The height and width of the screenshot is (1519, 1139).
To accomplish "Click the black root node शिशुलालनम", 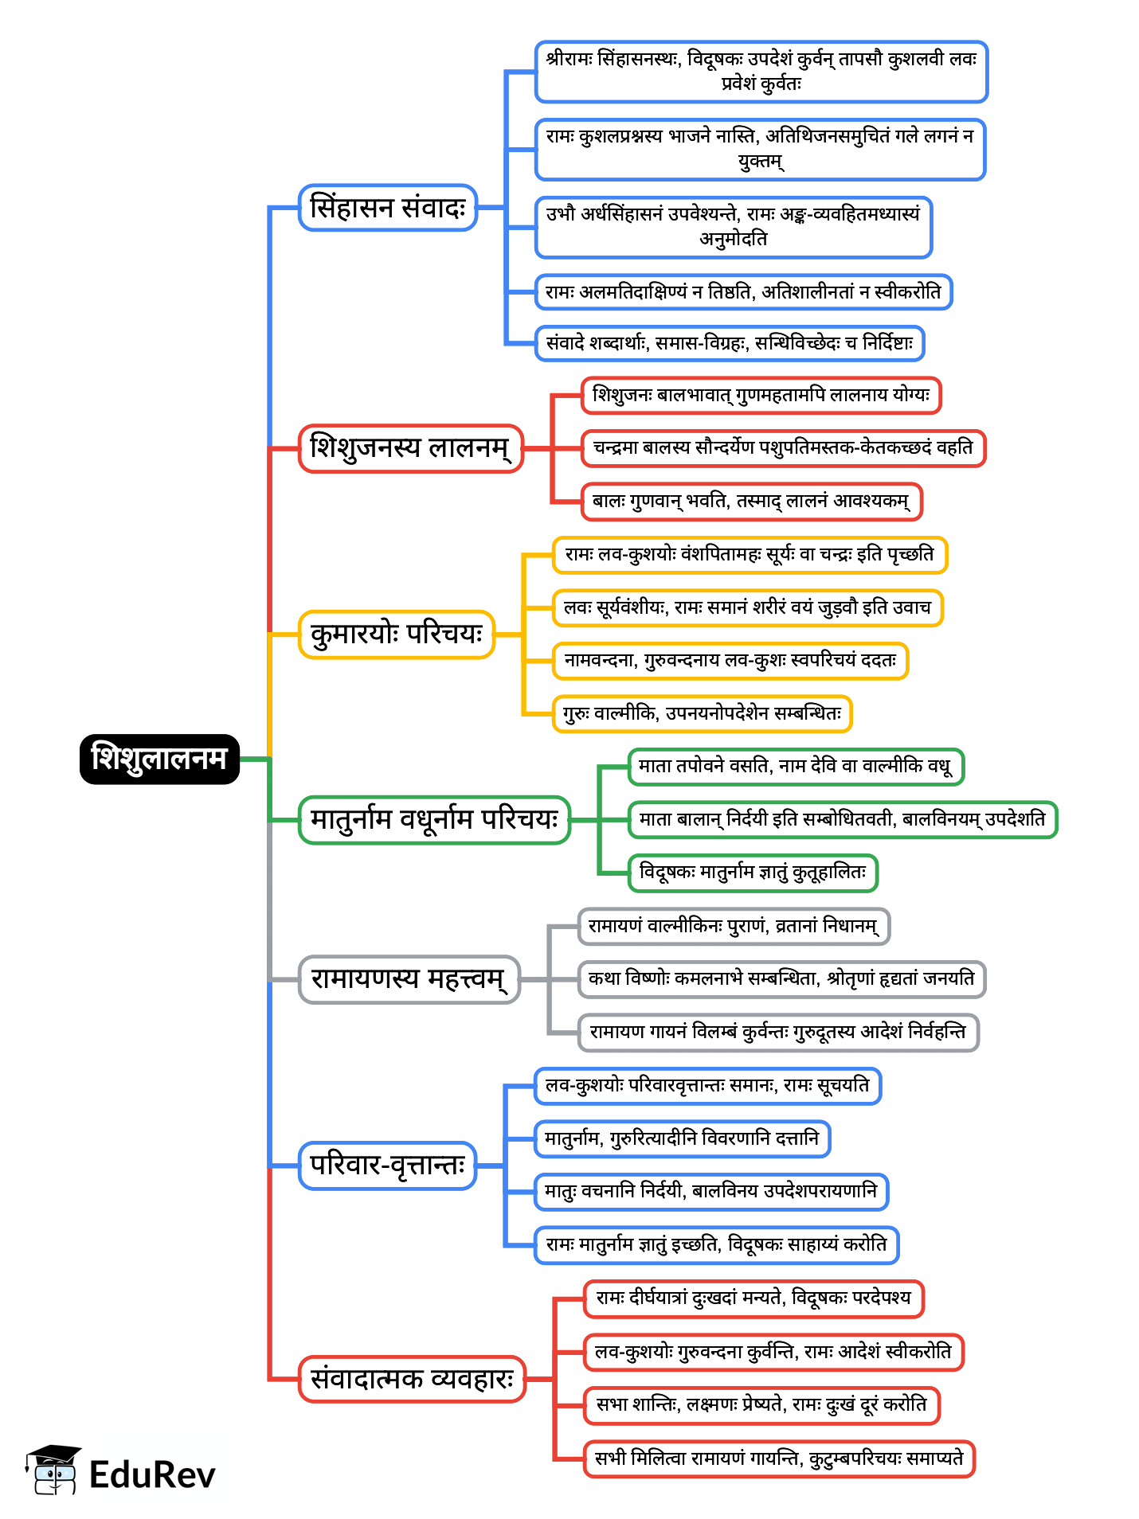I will [159, 759].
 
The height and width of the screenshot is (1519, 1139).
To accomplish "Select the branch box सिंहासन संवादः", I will [387, 208].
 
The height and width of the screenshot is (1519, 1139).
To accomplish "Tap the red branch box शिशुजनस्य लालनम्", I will [410, 448].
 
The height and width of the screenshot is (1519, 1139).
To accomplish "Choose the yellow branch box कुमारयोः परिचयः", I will [396, 635].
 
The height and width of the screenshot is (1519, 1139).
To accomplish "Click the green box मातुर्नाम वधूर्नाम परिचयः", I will [434, 819].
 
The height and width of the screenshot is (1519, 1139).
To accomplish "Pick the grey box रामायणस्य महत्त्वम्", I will [409, 978].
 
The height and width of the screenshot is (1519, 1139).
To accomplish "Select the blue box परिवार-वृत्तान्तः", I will [387, 1166].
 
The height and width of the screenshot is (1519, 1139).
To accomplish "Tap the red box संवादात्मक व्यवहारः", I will [412, 1379].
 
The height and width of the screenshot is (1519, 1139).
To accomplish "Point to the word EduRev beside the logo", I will [152, 1474].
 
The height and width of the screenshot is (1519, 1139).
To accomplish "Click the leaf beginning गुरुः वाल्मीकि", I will [702, 713].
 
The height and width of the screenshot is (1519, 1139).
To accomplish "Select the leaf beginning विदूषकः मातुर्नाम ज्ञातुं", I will [753, 873].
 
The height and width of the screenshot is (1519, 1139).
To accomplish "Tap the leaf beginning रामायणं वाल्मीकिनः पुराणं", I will [733, 926].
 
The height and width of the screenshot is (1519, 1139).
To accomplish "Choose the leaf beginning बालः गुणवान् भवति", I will [751, 502].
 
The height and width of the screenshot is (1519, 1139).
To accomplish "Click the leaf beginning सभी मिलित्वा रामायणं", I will [779, 1458].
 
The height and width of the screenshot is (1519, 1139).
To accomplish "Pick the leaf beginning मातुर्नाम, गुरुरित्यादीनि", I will [682, 1138].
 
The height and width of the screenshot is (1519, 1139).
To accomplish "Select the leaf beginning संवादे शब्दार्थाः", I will [730, 343].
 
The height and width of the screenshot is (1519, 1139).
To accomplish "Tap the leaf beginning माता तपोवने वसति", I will [795, 767].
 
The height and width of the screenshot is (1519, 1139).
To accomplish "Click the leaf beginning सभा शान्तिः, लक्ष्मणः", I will [761, 1405].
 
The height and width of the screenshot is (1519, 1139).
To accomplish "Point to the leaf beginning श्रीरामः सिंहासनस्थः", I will [761, 72].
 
